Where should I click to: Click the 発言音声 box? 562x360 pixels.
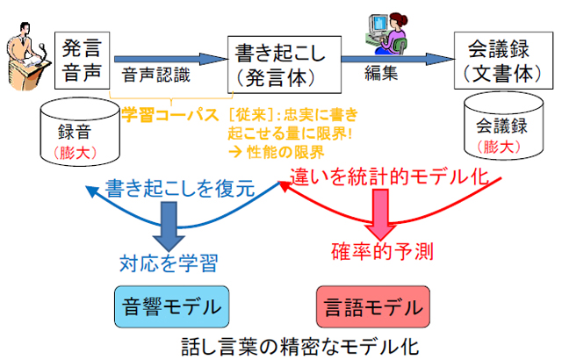(x=82, y=61)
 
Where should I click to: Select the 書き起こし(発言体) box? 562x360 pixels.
(x=285, y=64)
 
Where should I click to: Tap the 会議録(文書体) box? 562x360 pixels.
(x=503, y=61)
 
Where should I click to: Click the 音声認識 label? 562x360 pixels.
(x=156, y=76)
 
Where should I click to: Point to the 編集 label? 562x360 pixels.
(x=381, y=74)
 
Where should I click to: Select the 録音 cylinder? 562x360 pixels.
(x=80, y=132)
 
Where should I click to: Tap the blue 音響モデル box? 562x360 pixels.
(x=172, y=306)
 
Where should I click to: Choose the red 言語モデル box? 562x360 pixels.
(x=373, y=306)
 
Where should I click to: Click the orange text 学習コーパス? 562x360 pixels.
(x=170, y=115)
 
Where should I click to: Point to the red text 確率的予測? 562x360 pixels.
(x=383, y=251)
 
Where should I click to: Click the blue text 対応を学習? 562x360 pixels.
(x=169, y=263)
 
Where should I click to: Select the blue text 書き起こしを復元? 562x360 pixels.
(x=180, y=189)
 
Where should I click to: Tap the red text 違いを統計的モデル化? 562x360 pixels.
(x=389, y=177)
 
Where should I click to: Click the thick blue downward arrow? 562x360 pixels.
(x=169, y=227)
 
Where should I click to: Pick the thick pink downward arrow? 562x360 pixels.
(x=380, y=215)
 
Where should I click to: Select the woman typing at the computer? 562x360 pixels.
(x=386, y=33)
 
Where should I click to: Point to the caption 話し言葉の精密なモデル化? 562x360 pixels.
(x=300, y=347)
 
